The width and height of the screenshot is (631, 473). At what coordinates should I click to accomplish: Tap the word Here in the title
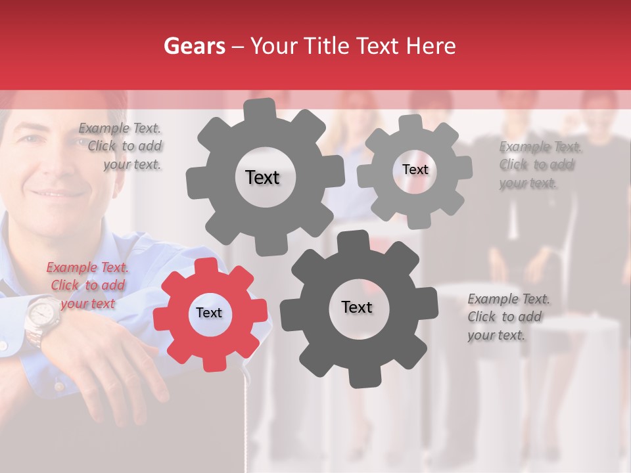[431, 46]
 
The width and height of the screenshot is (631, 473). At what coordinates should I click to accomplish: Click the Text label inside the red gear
[209, 313]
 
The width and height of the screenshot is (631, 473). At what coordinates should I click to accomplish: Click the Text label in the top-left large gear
[262, 177]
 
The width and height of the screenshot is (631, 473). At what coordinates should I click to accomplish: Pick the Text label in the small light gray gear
[415, 169]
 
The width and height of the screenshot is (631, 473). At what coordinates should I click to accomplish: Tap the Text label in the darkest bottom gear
[357, 307]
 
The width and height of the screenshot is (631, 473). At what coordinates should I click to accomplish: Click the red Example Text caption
[87, 285]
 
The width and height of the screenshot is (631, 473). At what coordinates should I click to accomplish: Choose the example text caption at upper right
[539, 165]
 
